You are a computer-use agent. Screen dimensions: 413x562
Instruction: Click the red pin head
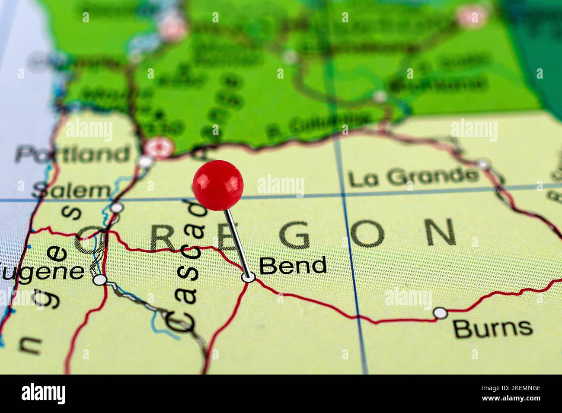click(x=218, y=185)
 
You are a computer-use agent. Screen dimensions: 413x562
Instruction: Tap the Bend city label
click(x=293, y=265)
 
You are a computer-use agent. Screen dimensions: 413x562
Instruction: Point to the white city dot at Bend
click(x=248, y=278)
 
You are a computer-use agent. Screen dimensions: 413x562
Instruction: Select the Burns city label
click(x=492, y=328)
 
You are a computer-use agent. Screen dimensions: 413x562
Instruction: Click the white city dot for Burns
click(x=441, y=313)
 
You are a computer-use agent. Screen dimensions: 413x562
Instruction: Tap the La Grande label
click(x=413, y=177)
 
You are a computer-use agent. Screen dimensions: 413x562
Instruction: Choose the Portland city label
click(x=73, y=153)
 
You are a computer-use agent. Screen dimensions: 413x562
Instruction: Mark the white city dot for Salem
click(x=116, y=208)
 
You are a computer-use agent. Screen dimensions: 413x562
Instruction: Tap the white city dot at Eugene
click(x=100, y=280)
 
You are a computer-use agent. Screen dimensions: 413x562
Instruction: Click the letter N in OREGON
click(x=440, y=232)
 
